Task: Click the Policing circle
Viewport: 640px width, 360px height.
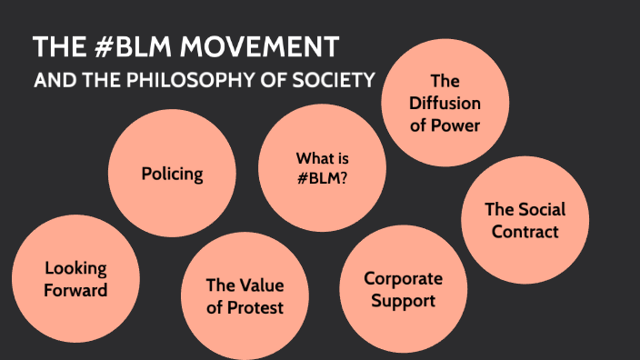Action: pyautogui.click(x=172, y=173)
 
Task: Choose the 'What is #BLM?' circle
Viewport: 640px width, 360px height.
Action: pyautogui.click(x=322, y=167)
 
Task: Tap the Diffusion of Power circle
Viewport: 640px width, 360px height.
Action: pyautogui.click(x=445, y=103)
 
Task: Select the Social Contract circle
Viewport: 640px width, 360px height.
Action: pyautogui.click(x=525, y=221)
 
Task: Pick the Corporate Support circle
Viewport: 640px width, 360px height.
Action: pyautogui.click(x=403, y=289)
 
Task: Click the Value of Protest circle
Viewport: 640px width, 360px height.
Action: pyautogui.click(x=245, y=296)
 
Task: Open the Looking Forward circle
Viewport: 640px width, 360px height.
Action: pyautogui.click(x=75, y=279)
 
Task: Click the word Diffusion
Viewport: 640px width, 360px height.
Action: pyautogui.click(x=445, y=103)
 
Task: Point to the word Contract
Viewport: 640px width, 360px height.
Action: pyautogui.click(x=525, y=232)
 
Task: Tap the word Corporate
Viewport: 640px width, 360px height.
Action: pyautogui.click(x=403, y=278)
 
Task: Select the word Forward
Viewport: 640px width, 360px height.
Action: pyautogui.click(x=76, y=290)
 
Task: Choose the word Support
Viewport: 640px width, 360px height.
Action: pyautogui.click(x=403, y=300)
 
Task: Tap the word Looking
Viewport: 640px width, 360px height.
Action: pyautogui.click(x=75, y=268)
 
